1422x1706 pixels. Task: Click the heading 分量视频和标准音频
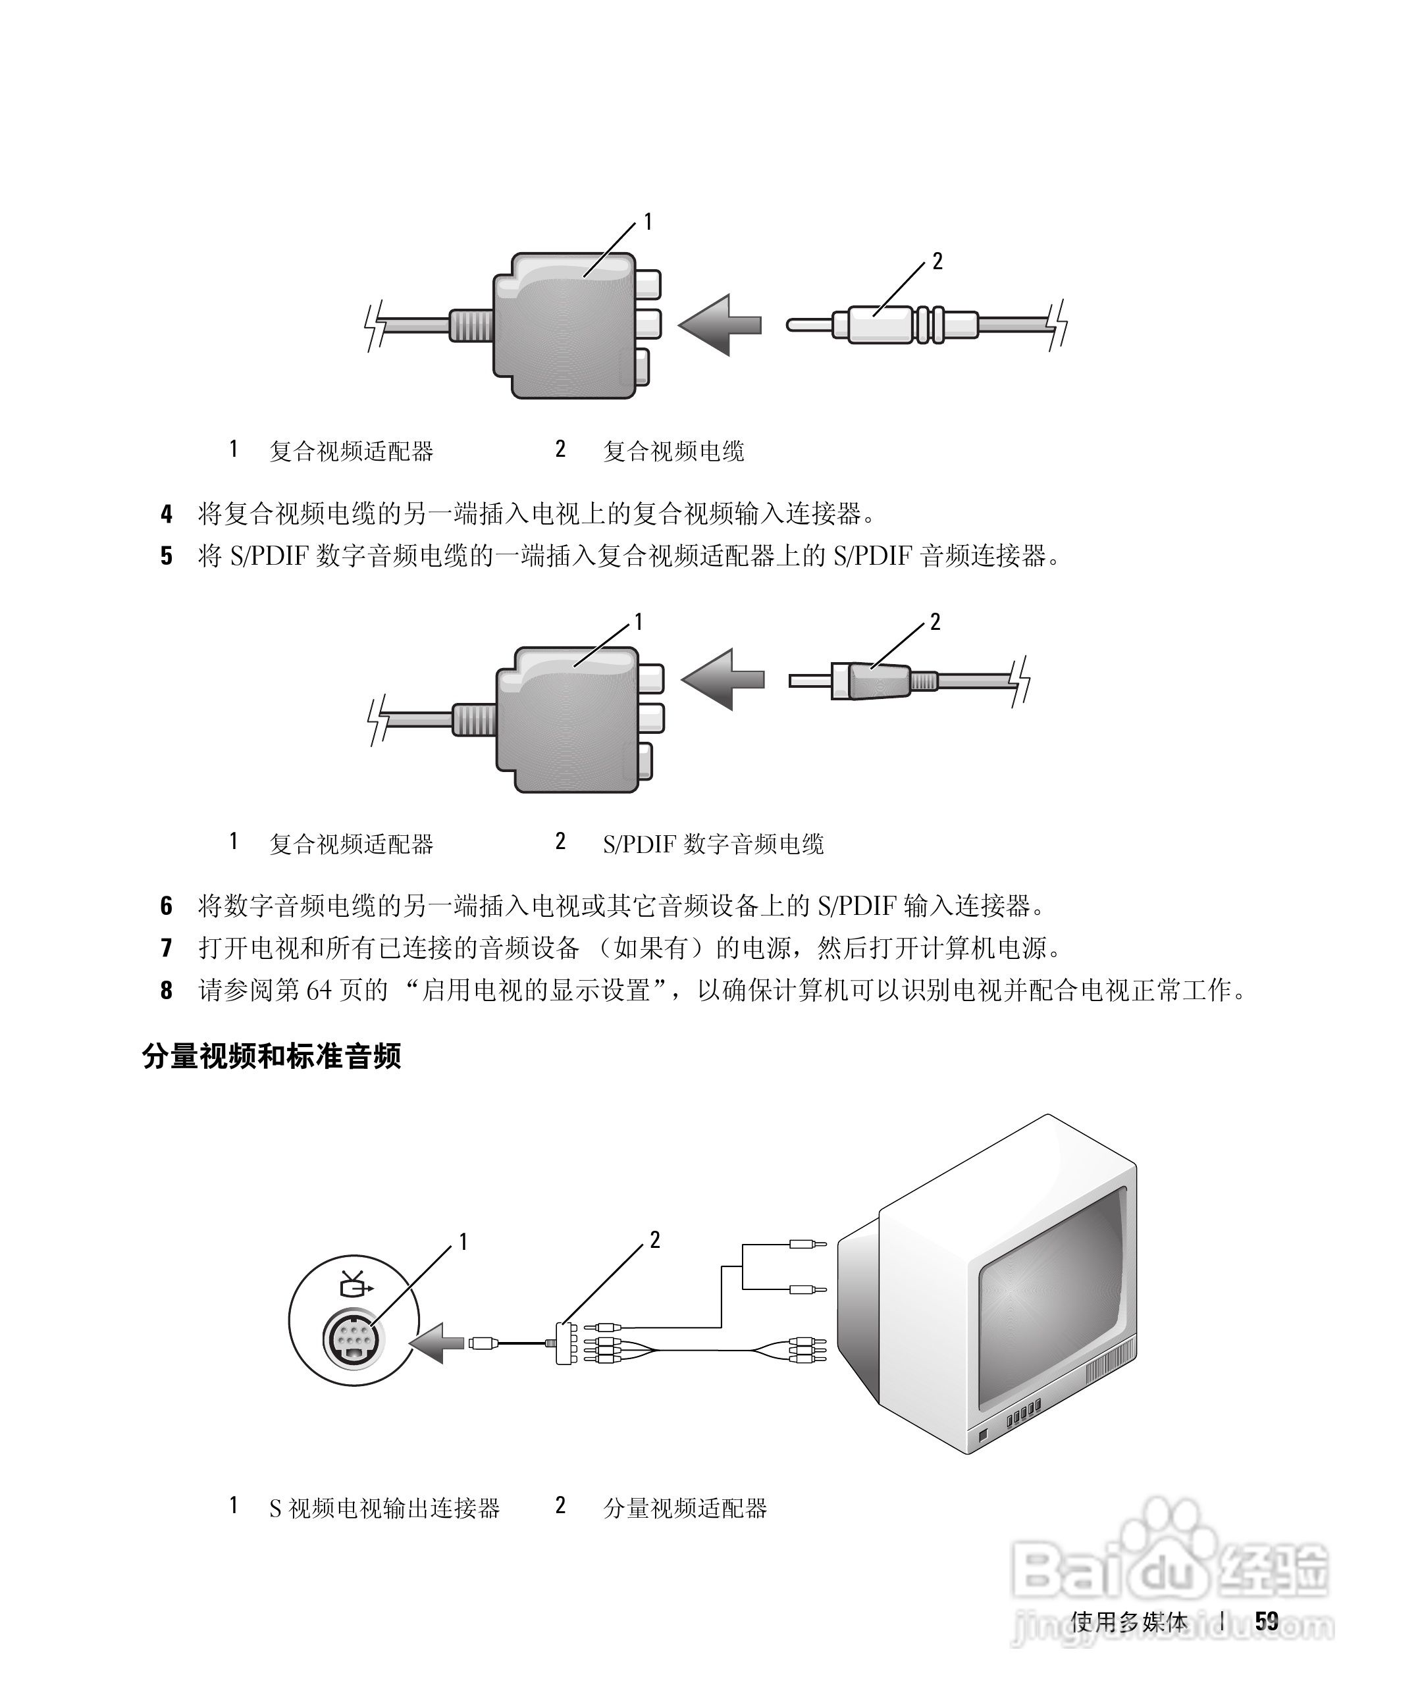(x=271, y=1057)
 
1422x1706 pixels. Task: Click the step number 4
(x=167, y=514)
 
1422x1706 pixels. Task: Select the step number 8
(x=167, y=991)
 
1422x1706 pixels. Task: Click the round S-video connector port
(x=354, y=1339)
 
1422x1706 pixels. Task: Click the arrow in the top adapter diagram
(x=718, y=325)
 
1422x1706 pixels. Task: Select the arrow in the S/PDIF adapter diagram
(x=722, y=679)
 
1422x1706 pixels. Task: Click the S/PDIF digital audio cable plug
(x=870, y=680)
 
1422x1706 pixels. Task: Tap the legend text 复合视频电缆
(x=673, y=452)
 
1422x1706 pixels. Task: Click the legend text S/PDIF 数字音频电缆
(x=712, y=844)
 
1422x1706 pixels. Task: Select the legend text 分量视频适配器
(x=685, y=1509)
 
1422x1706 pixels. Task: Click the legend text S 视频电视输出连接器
(x=384, y=1509)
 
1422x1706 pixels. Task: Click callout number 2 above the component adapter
(x=654, y=1241)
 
